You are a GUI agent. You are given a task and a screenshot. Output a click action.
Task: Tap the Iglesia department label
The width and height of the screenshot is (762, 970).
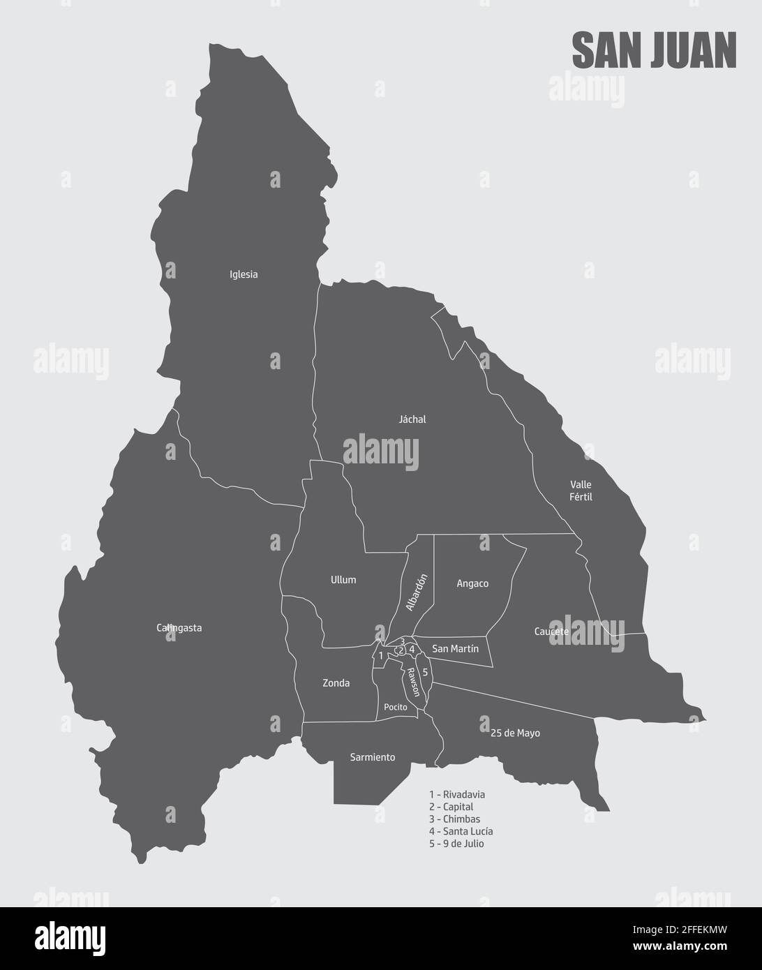(244, 274)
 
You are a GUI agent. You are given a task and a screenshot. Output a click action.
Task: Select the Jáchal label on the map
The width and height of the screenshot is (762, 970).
(412, 419)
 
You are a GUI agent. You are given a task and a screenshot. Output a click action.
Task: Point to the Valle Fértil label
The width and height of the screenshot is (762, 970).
(581, 490)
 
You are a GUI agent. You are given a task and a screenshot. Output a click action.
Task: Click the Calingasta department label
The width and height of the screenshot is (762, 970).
(179, 627)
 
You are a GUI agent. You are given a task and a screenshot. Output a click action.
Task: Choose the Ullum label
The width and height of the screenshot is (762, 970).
(343, 580)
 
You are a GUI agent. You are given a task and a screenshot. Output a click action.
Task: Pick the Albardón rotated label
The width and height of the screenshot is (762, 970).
(416, 592)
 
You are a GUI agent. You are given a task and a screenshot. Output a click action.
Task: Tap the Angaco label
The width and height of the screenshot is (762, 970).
(472, 583)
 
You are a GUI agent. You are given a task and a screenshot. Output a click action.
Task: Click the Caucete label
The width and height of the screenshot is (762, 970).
(551, 632)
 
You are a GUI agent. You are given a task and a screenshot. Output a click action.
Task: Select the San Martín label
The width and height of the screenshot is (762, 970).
(456, 648)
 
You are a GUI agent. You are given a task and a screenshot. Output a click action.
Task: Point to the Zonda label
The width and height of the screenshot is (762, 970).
(336, 683)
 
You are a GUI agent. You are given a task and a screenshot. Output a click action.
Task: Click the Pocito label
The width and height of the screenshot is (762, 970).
(395, 707)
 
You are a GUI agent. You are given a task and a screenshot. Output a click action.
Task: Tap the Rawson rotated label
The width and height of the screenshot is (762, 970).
(414, 682)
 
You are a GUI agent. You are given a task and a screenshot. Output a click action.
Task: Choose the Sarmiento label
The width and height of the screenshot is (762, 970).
(372, 757)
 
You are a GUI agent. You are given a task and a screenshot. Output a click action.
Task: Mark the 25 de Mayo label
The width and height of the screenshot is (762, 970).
(515, 733)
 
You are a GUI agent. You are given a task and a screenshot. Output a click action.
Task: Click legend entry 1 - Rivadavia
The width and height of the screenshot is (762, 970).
(457, 794)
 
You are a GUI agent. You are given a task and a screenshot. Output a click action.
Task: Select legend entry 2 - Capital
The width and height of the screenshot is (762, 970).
(451, 807)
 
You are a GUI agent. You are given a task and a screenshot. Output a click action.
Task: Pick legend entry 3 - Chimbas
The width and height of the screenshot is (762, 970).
(454, 819)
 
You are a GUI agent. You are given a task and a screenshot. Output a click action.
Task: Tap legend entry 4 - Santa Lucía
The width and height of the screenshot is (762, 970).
(461, 831)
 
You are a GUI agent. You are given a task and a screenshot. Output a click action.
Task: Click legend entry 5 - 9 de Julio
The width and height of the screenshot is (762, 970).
(456, 844)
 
